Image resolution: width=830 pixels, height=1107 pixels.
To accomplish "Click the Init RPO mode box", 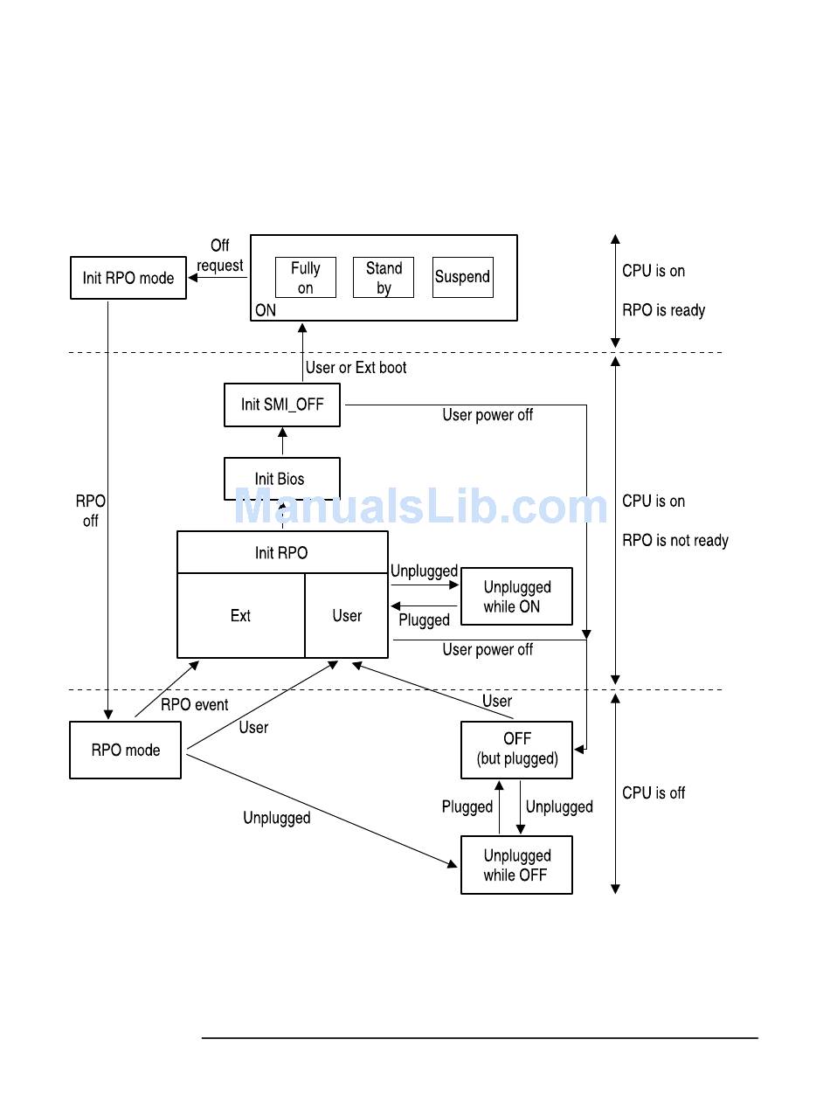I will click(x=128, y=278).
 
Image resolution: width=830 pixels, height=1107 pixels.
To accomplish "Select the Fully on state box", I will click(x=305, y=278).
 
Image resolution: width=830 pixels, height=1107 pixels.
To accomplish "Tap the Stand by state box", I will click(x=384, y=278).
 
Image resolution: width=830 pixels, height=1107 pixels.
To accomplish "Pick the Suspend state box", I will click(x=462, y=277).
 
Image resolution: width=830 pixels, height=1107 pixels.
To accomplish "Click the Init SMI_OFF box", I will click(x=281, y=405).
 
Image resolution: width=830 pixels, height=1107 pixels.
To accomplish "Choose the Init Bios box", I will click(x=281, y=479).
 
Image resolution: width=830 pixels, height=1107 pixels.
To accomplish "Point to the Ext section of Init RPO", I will click(x=240, y=616).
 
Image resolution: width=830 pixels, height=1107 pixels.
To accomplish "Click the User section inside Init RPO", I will click(x=347, y=616).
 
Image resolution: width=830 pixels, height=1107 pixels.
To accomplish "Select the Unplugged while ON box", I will click(x=516, y=597).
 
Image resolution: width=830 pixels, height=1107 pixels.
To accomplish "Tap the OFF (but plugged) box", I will click(x=516, y=750).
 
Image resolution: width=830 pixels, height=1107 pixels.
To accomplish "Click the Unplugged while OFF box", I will click(x=516, y=865).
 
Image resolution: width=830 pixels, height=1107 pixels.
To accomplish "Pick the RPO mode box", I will click(x=125, y=750).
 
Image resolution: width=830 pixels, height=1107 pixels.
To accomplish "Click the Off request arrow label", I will click(x=220, y=256).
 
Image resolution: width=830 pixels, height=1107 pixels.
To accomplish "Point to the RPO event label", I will click(x=194, y=705).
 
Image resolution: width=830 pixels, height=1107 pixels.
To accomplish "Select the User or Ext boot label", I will click(x=356, y=368).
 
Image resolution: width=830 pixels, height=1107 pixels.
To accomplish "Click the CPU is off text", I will click(x=654, y=793).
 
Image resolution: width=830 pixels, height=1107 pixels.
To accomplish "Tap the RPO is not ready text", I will click(x=674, y=541).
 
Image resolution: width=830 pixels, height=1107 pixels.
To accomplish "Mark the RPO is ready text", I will click(x=663, y=310).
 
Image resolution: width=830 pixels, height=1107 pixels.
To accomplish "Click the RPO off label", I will click(x=90, y=511).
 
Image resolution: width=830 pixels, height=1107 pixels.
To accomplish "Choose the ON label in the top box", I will click(x=266, y=310).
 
